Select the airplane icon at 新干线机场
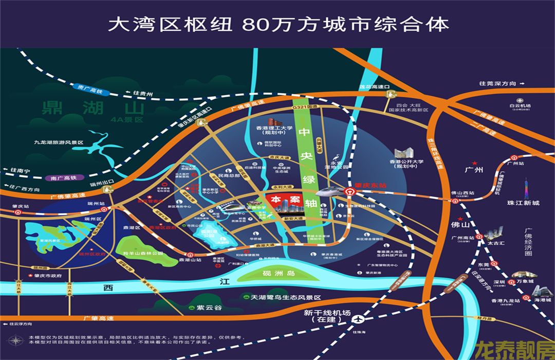point(356,319)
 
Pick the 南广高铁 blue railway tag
point(63,178)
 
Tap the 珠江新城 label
point(523,203)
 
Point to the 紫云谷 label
point(209,308)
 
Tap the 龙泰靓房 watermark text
point(514,350)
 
